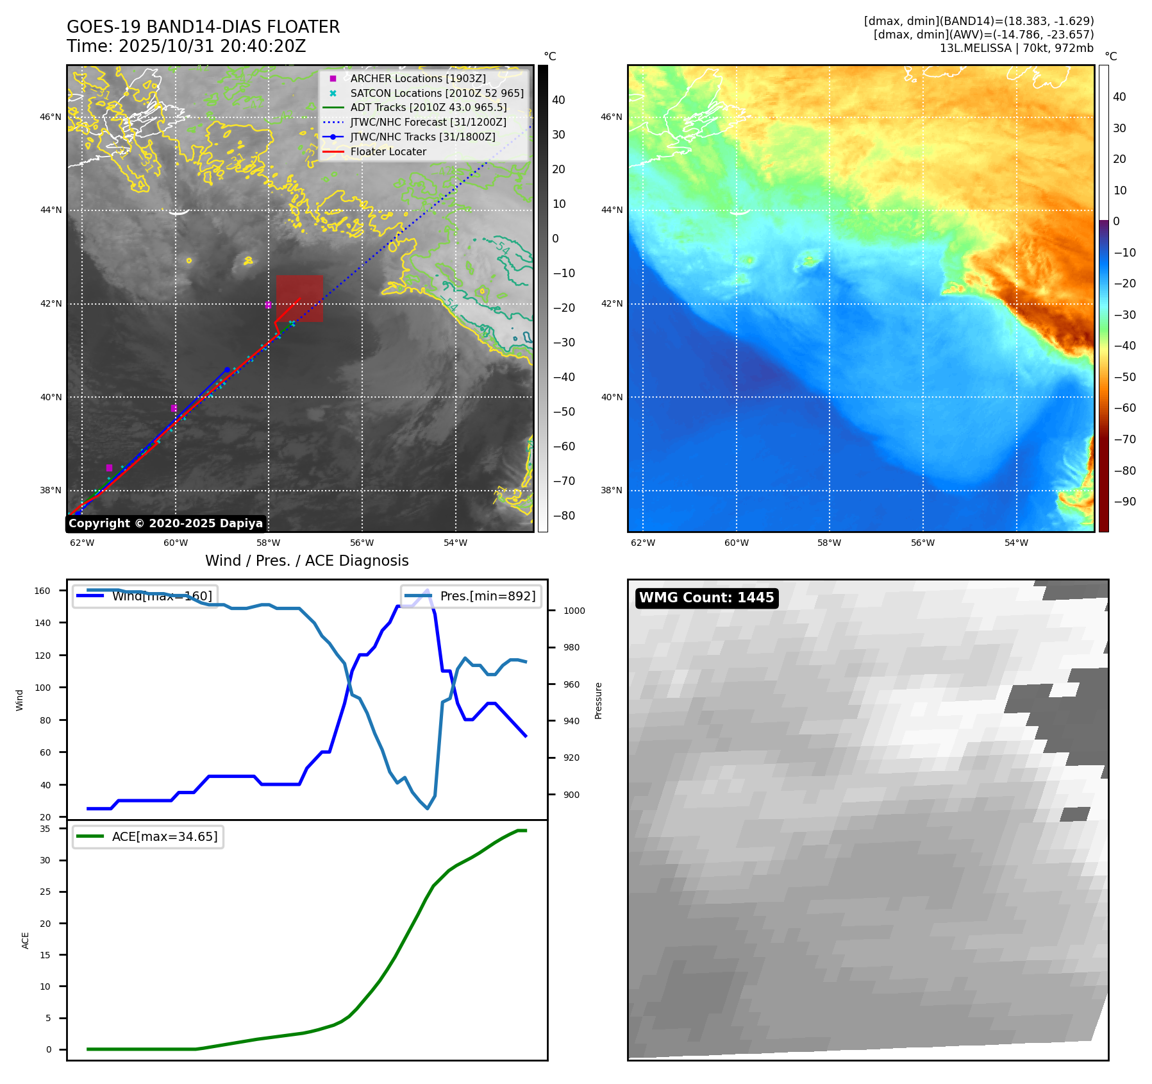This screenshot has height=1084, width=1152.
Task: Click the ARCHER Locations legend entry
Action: [417, 78]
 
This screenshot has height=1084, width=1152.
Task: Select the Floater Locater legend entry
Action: [388, 151]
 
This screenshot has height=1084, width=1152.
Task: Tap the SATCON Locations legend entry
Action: [436, 93]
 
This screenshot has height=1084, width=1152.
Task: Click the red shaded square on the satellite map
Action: [299, 298]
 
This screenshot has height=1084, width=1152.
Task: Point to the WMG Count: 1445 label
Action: [706, 598]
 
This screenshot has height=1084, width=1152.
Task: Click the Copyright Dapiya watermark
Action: [165, 523]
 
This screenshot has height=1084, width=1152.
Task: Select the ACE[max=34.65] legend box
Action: [148, 836]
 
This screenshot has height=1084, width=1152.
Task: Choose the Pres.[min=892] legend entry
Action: [471, 596]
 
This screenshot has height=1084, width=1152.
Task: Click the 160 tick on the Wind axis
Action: [42, 591]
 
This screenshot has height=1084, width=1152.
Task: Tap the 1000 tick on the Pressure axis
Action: [574, 611]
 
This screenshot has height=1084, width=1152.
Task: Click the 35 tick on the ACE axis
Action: [45, 829]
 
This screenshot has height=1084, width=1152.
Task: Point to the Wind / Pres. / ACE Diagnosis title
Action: [306, 561]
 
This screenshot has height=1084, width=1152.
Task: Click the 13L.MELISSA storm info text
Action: [1016, 48]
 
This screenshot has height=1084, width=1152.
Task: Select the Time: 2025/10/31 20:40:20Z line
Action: [186, 46]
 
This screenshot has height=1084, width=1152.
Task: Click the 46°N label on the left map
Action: [51, 117]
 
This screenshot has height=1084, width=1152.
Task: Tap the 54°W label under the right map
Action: [1015, 543]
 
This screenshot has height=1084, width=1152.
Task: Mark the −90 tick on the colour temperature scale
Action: [1124, 502]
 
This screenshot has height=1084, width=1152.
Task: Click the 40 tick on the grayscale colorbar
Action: [558, 99]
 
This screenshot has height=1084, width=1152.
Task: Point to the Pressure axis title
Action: [598, 700]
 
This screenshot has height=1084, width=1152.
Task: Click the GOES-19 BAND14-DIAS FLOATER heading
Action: [203, 27]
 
